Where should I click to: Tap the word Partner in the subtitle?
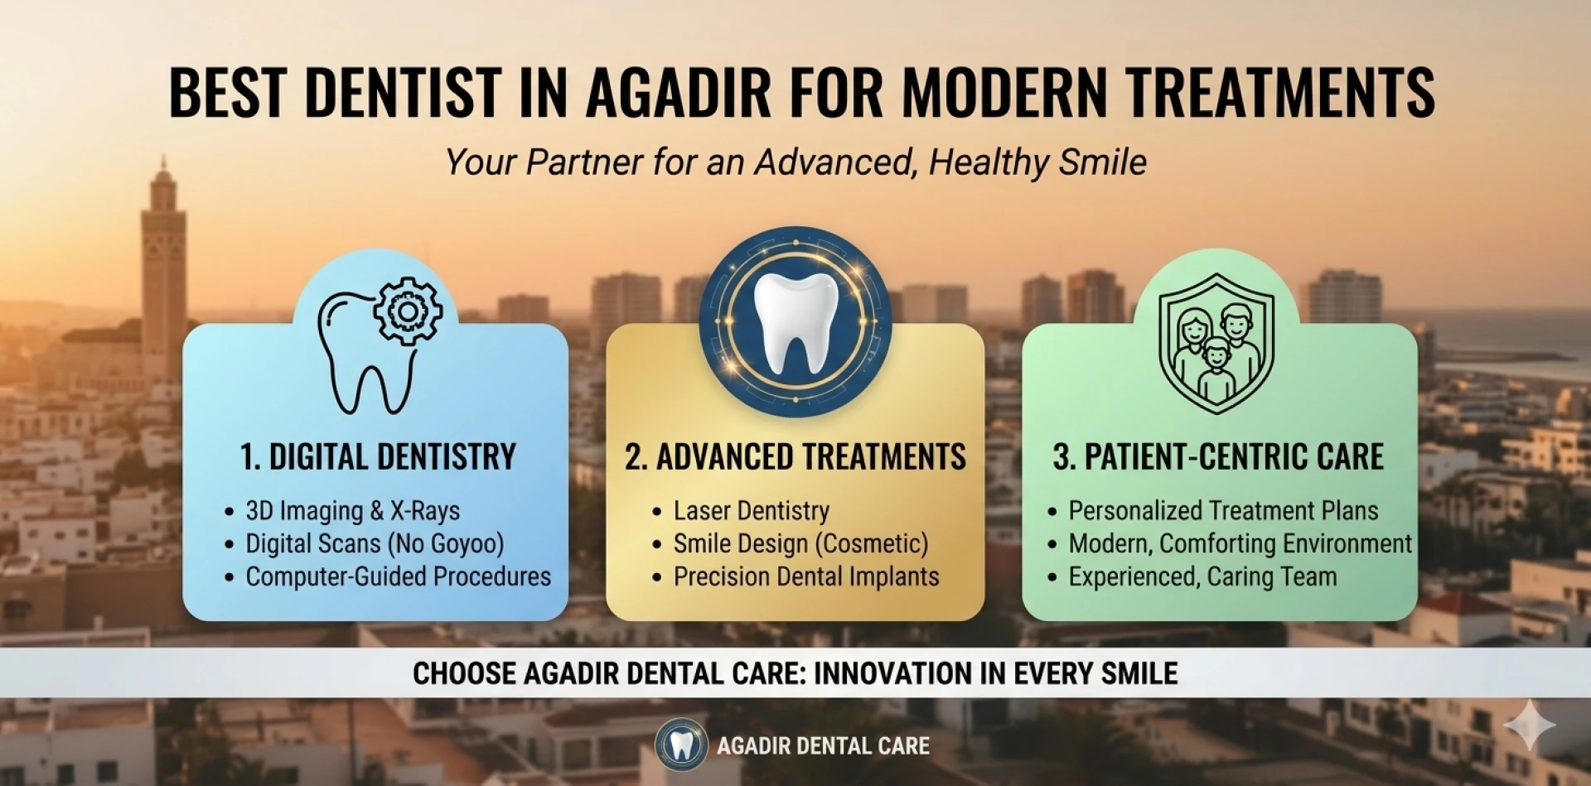[584, 162]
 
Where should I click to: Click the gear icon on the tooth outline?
[407, 311]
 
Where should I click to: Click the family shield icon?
[1216, 344]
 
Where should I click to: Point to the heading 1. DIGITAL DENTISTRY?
[378, 457]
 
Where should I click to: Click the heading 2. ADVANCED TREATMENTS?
[795, 457]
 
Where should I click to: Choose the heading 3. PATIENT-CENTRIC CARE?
[1218, 457]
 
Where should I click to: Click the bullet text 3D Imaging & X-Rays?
[352, 511]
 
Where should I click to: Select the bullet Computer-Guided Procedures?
[398, 577]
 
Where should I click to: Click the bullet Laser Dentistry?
[751, 511]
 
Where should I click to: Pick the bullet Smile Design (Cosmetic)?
[800, 544]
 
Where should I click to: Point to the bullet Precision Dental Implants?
[806, 577]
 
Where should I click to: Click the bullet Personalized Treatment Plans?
[1223, 511]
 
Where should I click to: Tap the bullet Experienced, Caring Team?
[1202, 577]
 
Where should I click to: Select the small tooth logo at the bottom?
[681, 745]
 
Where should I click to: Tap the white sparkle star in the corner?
[1530, 725]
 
